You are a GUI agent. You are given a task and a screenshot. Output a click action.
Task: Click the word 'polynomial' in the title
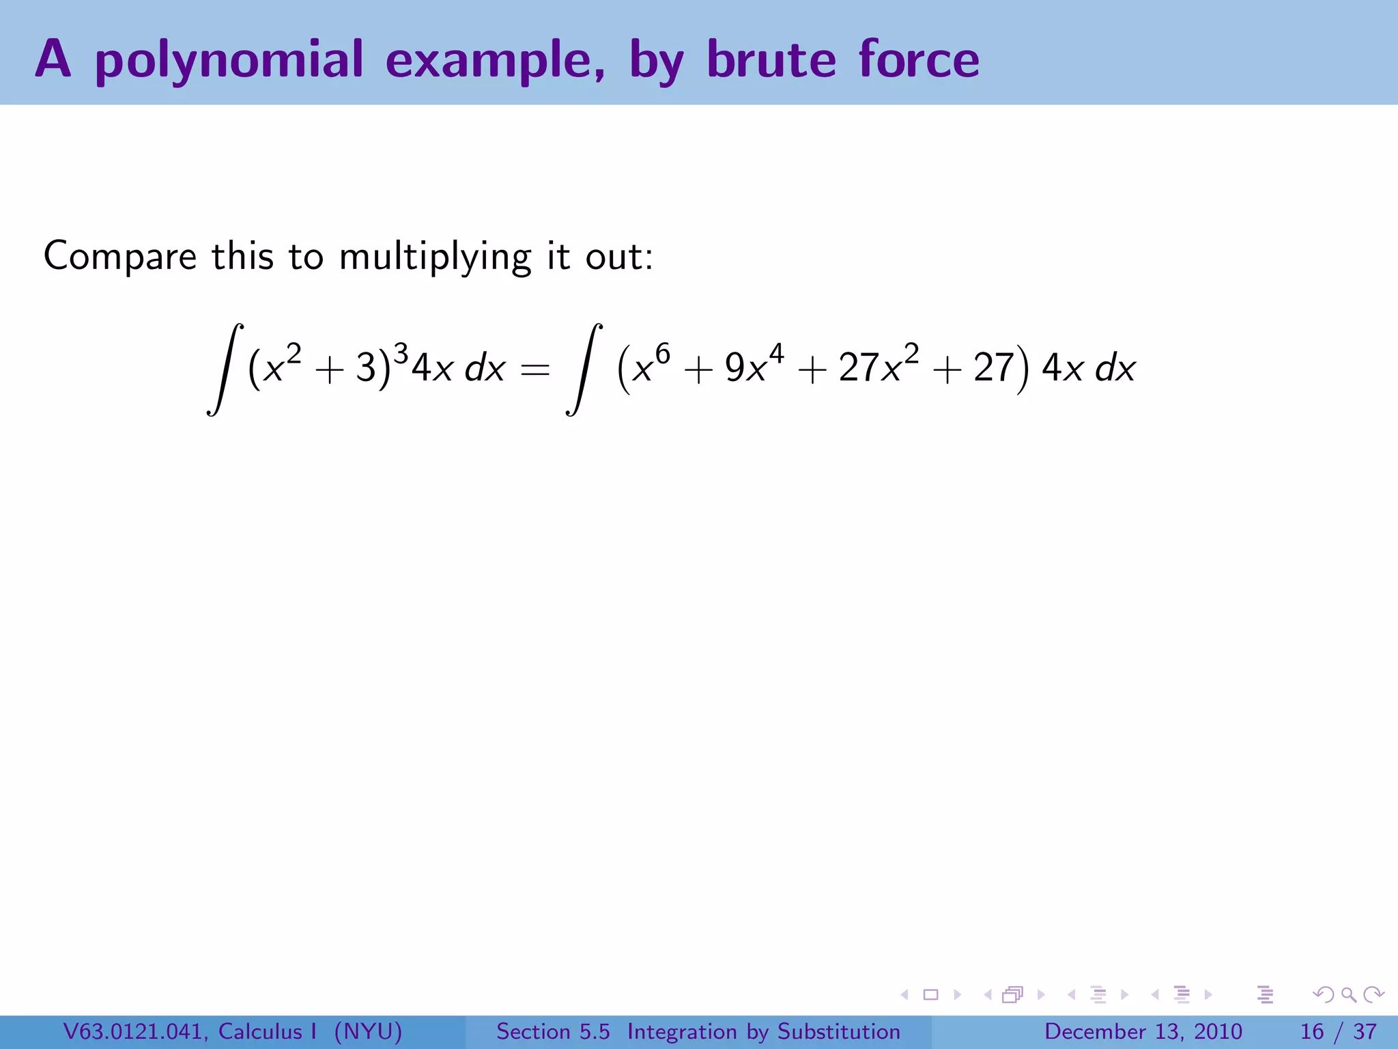[229, 60]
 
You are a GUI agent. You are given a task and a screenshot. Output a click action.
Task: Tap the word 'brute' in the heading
[771, 59]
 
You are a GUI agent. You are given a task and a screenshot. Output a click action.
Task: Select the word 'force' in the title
[919, 59]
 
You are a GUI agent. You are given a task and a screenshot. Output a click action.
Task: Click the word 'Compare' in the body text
[120, 257]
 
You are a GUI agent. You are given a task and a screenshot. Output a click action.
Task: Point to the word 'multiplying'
[435, 258]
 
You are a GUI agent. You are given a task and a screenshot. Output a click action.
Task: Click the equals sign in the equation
[534, 371]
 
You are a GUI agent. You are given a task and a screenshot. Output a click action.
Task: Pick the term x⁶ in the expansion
[652, 365]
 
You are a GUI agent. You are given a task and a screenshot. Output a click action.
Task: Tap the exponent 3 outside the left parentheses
[401, 354]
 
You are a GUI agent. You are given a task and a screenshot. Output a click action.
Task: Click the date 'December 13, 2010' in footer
[1143, 1031]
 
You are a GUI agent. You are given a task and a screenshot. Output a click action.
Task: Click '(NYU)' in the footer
[368, 1031]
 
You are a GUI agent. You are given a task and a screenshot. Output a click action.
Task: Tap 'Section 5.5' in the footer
[553, 1031]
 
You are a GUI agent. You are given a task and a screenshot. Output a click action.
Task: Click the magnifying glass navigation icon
[1348, 995]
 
